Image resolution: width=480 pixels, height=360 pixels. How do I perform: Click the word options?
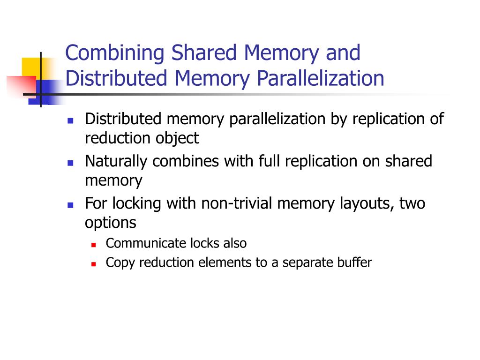pyautogui.click(x=111, y=223)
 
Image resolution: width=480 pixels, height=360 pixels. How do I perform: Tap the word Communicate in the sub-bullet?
pyautogui.click(x=146, y=244)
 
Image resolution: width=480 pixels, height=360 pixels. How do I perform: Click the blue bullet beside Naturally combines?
pyautogui.click(x=71, y=163)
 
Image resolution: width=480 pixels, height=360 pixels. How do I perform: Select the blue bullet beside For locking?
pyautogui.click(x=71, y=205)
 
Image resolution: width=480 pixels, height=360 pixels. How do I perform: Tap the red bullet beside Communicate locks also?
pyautogui.click(x=93, y=245)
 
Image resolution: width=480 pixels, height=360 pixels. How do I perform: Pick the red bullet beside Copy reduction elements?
pyautogui.click(x=93, y=263)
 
